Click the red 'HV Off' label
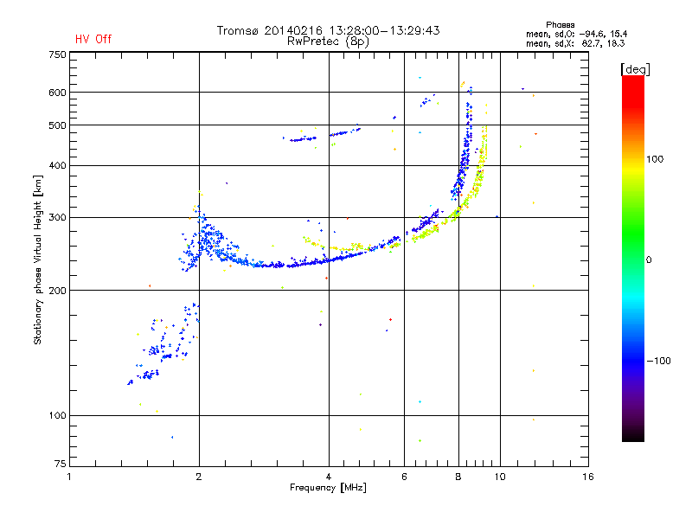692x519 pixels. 93,39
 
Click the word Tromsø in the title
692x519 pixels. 237,30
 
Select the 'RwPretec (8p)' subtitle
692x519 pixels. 328,42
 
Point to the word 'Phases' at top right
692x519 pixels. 560,25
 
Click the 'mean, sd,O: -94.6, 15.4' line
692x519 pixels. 576,34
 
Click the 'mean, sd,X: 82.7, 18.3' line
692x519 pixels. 575,43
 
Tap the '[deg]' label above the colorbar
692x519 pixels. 635,69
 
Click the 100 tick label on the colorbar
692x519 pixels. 655,159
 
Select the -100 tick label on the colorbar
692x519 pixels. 659,361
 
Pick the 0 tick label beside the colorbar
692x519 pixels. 649,259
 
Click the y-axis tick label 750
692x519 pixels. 57,54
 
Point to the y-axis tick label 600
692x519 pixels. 57,93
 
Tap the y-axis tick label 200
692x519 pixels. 57,290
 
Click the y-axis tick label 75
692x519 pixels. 61,464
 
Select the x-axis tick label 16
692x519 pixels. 588,477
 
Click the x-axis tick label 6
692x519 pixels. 404,477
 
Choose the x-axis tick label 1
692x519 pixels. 69,477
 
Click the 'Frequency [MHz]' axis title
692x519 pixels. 328,488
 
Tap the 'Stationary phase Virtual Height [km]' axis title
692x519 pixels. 38,259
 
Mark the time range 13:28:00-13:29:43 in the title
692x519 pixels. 384,30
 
